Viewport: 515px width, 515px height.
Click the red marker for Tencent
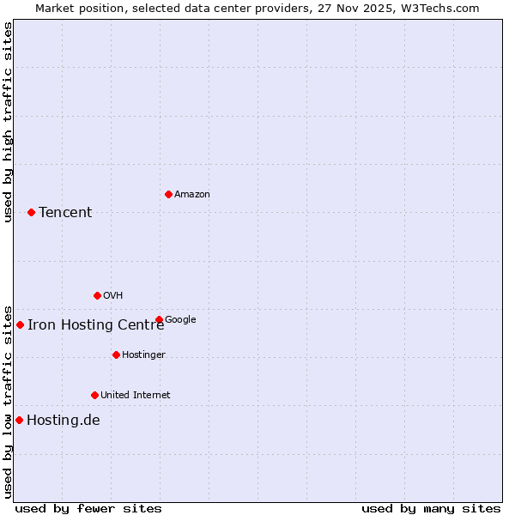point(31,212)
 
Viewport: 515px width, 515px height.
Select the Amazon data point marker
point(168,194)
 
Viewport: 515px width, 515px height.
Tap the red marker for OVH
point(97,295)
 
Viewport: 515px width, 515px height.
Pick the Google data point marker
point(159,319)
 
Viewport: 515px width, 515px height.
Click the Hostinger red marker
point(116,354)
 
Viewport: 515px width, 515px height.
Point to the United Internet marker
point(94,395)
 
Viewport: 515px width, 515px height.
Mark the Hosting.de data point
point(19,420)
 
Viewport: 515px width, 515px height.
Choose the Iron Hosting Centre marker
point(20,324)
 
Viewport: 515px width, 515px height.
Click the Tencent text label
point(65,213)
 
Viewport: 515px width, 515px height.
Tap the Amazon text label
point(192,195)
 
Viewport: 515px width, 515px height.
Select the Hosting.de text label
point(64,421)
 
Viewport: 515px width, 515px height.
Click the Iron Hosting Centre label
point(95,324)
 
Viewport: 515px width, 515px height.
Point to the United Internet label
point(136,396)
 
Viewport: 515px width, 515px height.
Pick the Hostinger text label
point(143,355)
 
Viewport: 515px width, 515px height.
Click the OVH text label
point(113,296)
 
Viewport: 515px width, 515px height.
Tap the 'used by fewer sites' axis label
point(88,509)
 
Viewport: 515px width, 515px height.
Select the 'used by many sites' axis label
point(431,509)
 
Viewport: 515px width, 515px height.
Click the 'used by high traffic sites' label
point(8,122)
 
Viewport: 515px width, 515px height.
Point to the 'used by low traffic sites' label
point(8,401)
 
